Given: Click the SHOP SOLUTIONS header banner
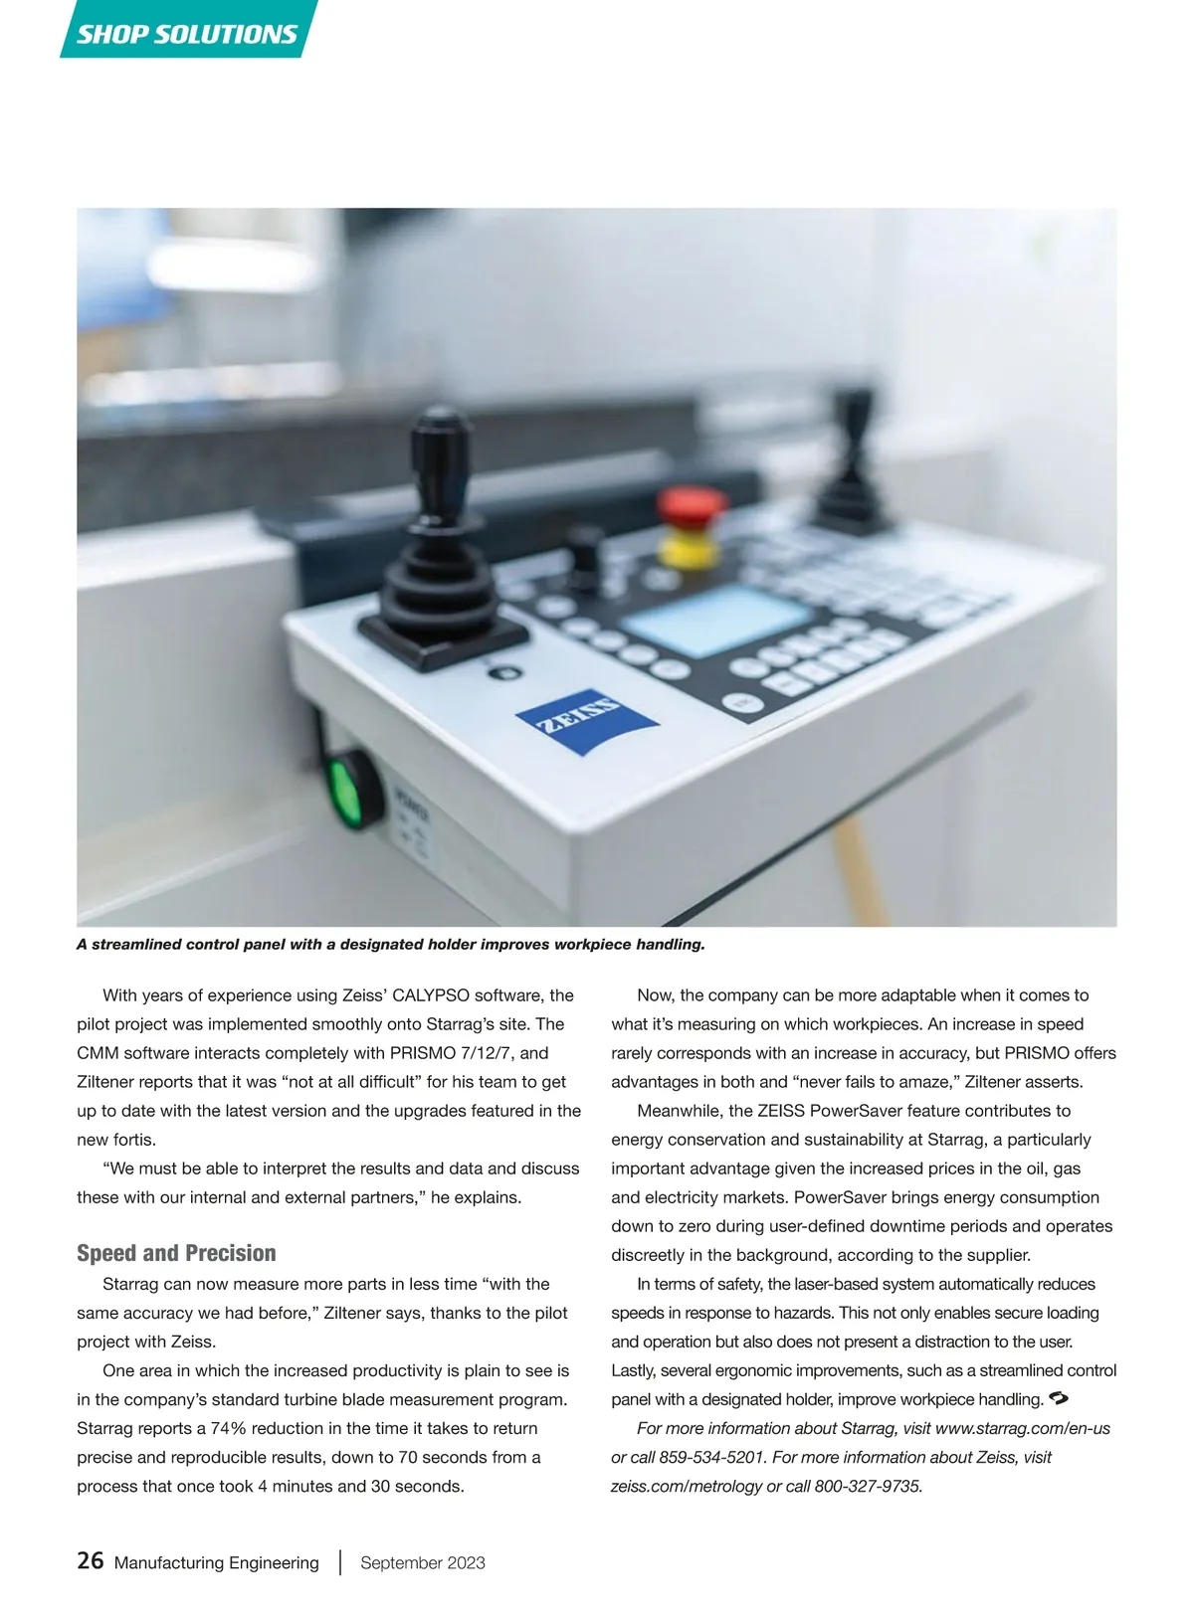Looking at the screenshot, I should click(187, 33).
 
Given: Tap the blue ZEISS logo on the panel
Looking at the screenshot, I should click(585, 719).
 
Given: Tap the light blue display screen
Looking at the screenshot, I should click(715, 619).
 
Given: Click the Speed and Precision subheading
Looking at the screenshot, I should click(176, 1253).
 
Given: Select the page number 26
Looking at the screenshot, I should click(90, 1561).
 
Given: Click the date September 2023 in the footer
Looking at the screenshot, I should click(423, 1562).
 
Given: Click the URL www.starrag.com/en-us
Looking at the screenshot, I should click(1023, 1428).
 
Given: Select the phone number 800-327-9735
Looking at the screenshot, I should click(868, 1486).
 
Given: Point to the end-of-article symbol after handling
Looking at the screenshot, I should click(1059, 1399).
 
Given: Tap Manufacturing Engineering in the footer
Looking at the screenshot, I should click(216, 1562).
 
